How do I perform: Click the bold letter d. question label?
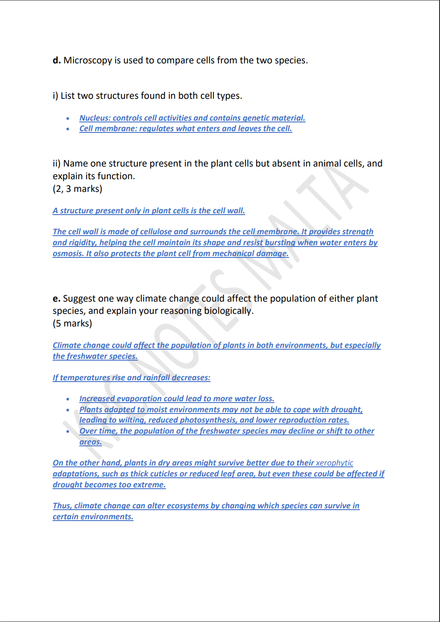[x=56, y=60]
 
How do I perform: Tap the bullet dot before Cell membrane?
[x=67, y=129]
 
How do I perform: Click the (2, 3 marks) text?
[x=77, y=189]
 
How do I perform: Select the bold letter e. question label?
[x=56, y=299]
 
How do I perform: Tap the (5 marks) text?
[x=72, y=323]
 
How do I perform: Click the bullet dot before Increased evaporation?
[x=67, y=399]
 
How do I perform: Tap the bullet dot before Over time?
[x=67, y=431]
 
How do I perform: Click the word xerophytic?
[x=334, y=463]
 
